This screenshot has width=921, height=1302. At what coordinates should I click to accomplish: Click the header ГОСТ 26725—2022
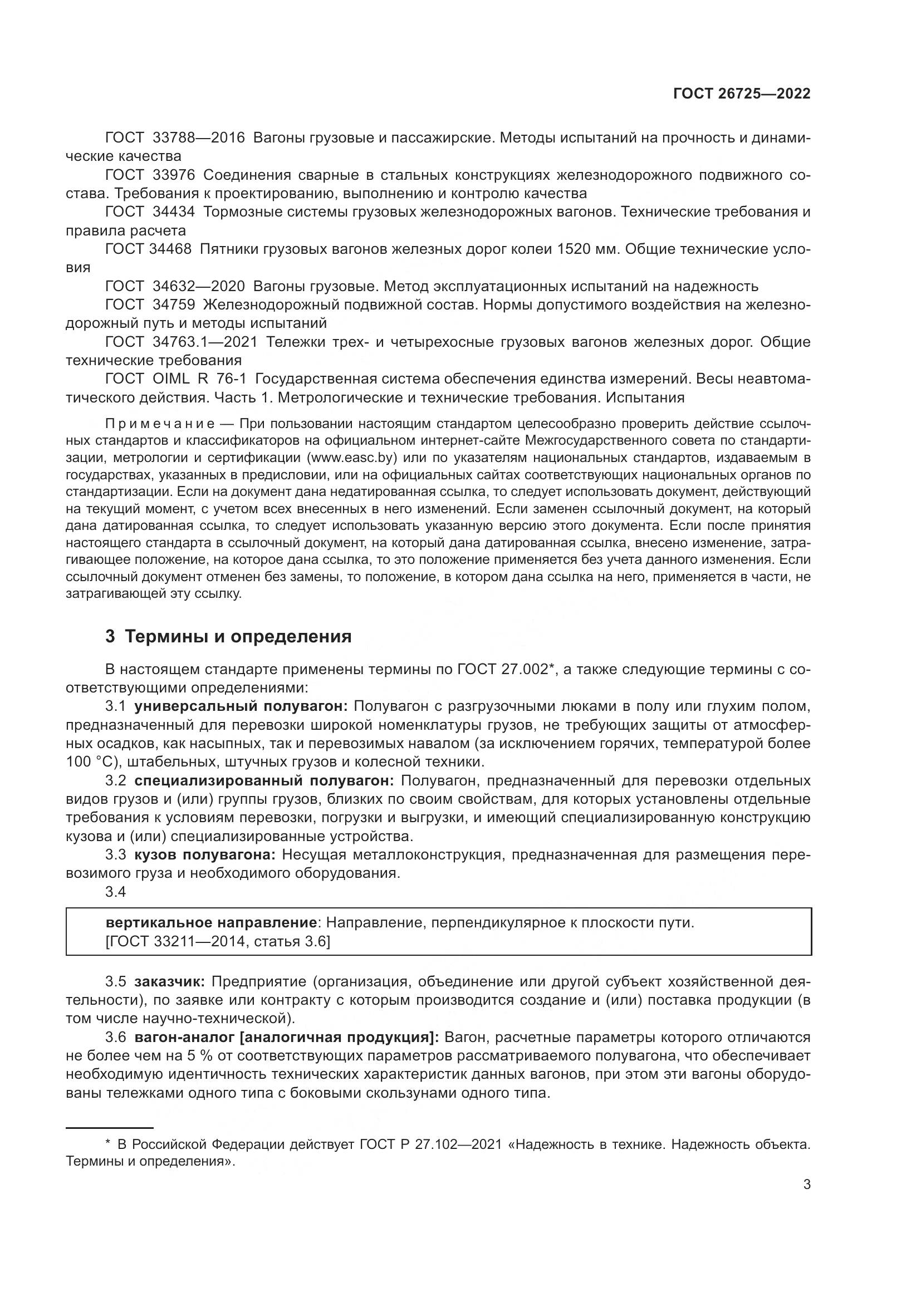tap(741, 94)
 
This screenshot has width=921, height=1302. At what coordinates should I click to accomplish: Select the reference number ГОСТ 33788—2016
tap(175, 138)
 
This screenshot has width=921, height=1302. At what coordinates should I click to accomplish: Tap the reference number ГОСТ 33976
tap(150, 175)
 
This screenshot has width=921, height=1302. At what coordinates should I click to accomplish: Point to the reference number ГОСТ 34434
tap(150, 212)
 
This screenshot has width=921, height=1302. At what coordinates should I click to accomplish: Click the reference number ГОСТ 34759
tap(150, 305)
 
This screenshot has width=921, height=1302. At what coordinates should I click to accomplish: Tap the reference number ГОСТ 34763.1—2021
tap(182, 342)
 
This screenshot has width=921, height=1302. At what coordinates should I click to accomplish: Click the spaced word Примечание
tap(159, 424)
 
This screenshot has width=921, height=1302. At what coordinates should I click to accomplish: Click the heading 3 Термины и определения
tap(228, 637)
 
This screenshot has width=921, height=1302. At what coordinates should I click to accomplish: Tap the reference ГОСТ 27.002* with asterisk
tap(504, 670)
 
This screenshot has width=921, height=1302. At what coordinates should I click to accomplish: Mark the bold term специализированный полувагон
tap(264, 781)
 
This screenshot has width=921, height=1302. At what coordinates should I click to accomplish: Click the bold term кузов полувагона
tap(205, 854)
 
